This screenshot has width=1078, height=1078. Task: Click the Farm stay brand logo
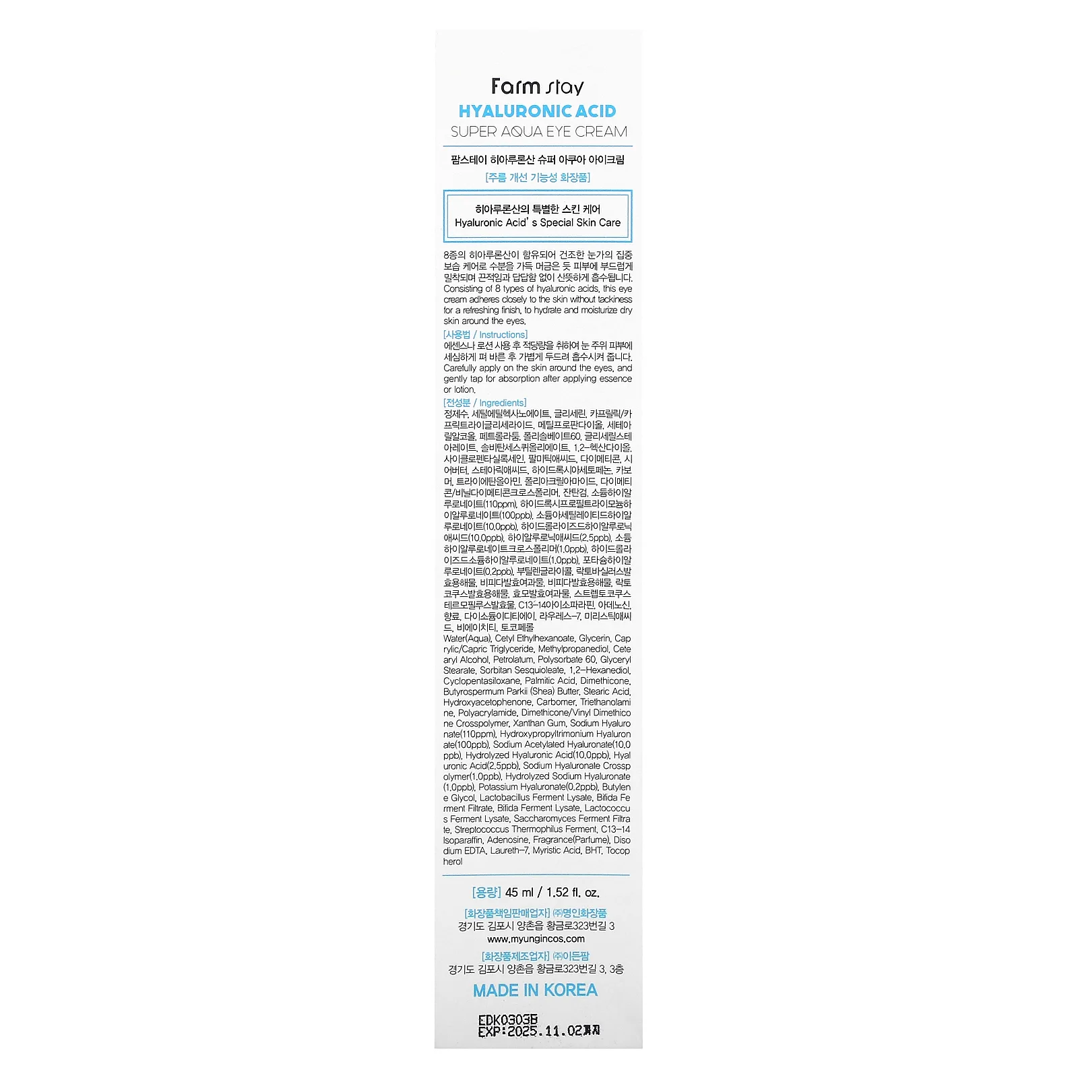tap(537, 87)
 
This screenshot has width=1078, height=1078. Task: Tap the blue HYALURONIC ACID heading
tap(537, 111)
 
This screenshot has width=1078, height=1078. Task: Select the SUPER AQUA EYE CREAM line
tap(538, 132)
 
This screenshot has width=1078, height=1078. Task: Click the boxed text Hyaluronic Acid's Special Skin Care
tap(537, 222)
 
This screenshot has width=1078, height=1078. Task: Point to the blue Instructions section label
tap(503, 335)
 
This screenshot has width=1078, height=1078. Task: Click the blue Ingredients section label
tap(503, 403)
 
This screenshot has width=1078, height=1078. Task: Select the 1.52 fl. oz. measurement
tap(573, 893)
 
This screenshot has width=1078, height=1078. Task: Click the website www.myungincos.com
tap(536, 939)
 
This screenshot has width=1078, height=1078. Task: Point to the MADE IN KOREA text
tap(535, 990)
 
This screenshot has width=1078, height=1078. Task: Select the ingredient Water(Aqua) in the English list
tap(467, 639)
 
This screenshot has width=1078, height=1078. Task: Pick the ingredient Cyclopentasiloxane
tap(482, 681)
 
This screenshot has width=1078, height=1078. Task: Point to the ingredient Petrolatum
tap(513, 660)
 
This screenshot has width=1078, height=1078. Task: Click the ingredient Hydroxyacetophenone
tap(487, 702)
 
